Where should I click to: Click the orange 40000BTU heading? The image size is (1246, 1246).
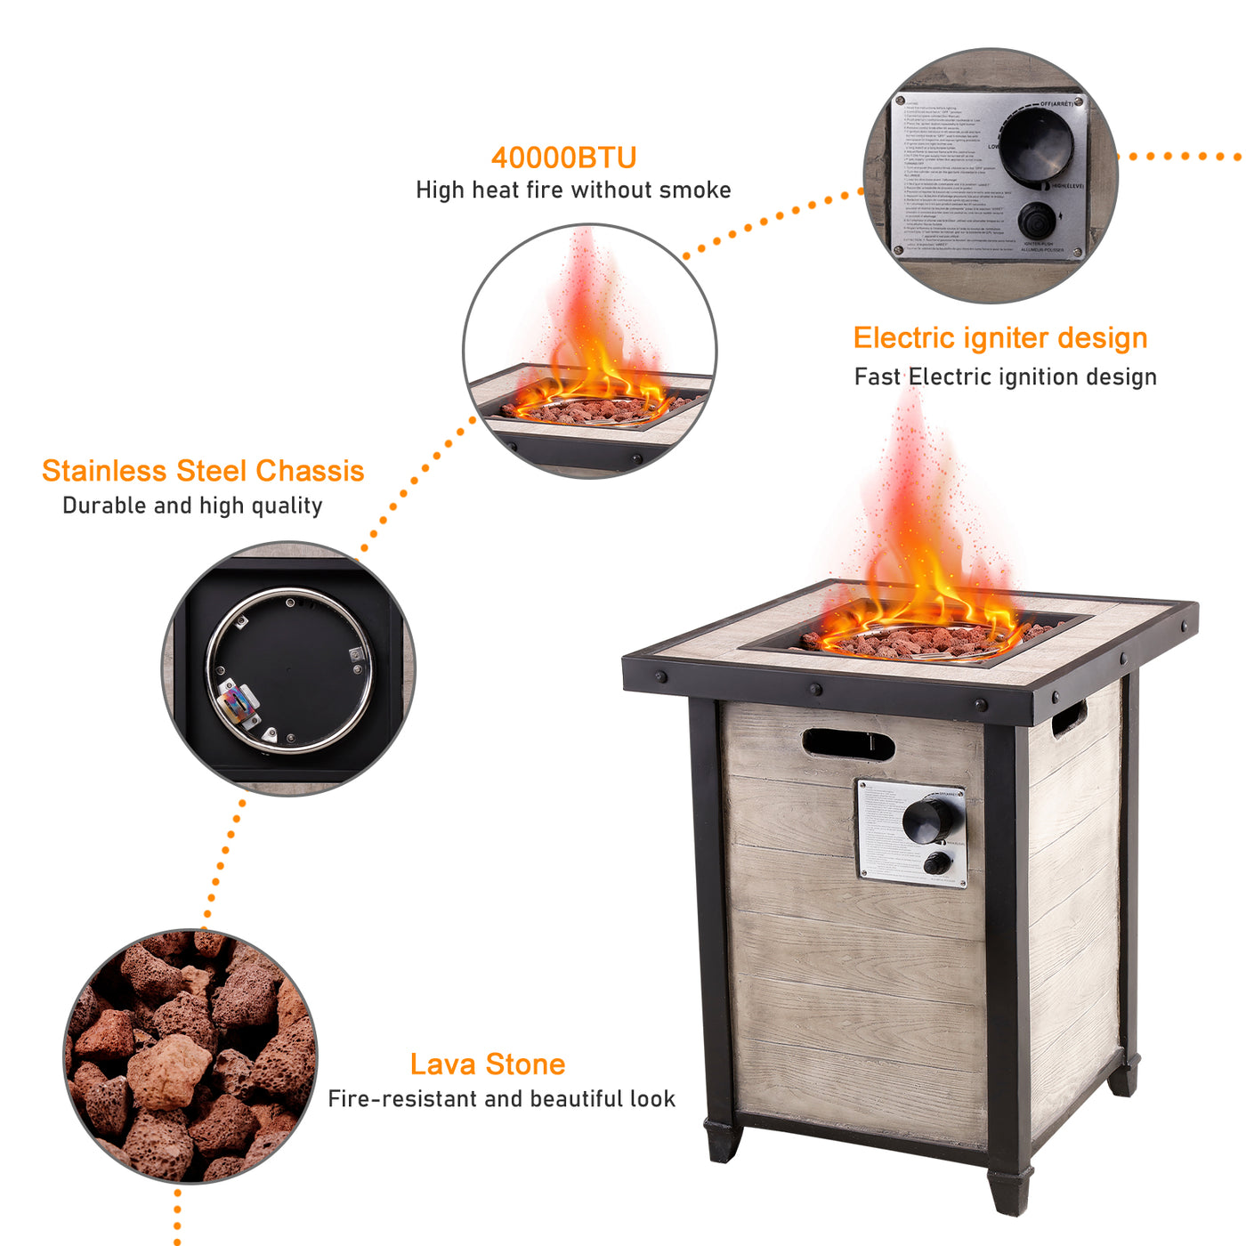tap(563, 158)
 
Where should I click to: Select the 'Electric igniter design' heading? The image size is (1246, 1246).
tap(999, 338)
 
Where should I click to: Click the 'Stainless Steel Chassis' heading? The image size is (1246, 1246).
tap(203, 471)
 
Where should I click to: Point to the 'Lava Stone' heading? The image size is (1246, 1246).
tap(487, 1064)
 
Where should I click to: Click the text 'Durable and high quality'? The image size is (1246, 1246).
tap(192, 506)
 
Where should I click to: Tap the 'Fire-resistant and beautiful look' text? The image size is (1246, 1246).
tap(501, 1099)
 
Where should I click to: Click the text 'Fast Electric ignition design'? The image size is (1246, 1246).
tap(1005, 377)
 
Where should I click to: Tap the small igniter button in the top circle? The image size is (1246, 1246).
tap(1036, 220)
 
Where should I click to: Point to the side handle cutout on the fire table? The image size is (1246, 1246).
tap(1069, 717)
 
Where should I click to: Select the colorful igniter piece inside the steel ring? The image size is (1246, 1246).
tap(235, 705)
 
